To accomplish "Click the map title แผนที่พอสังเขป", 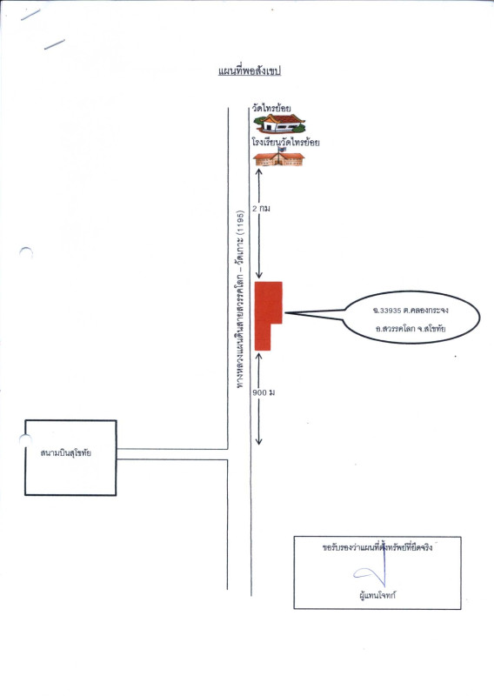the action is pos(250,71).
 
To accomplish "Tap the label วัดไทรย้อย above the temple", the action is pos(271,108).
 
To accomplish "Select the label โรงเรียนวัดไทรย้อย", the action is pos(285,143).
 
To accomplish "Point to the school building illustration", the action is pos(278,158).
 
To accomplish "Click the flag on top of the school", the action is pos(281,150).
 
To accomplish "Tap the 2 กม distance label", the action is pos(261,208).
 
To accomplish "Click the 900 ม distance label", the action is pos(264,392).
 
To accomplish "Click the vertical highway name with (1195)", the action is pos(240,299).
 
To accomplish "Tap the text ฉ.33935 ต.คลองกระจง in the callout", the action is pos(411,310).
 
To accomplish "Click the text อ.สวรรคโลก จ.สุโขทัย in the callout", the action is pos(411,329).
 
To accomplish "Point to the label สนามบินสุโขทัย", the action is pos(66,453).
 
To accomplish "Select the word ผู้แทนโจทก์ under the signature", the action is pos(377,595).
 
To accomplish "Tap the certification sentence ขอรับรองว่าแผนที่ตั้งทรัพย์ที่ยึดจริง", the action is pos(377,547).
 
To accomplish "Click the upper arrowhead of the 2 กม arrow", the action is pos(259,171).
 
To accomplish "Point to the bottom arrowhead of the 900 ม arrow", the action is pos(259,442).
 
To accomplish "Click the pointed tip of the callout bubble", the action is pos(285,313).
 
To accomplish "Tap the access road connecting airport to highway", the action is pos(172,454).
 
